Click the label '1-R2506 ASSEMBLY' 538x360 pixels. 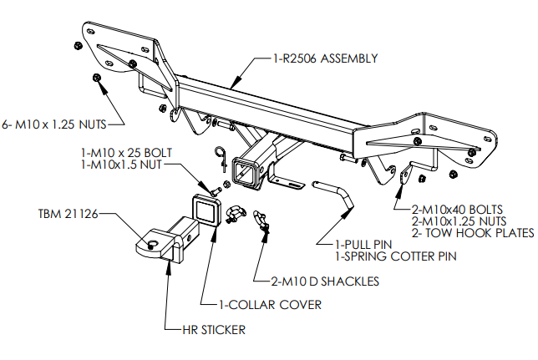point(326,59)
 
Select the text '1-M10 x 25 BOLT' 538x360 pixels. point(122,154)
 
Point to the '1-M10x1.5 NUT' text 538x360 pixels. point(118,165)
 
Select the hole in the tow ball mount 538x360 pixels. point(154,244)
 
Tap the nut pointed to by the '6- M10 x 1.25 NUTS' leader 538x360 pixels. point(96,79)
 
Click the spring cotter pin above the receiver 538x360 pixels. point(221,153)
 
